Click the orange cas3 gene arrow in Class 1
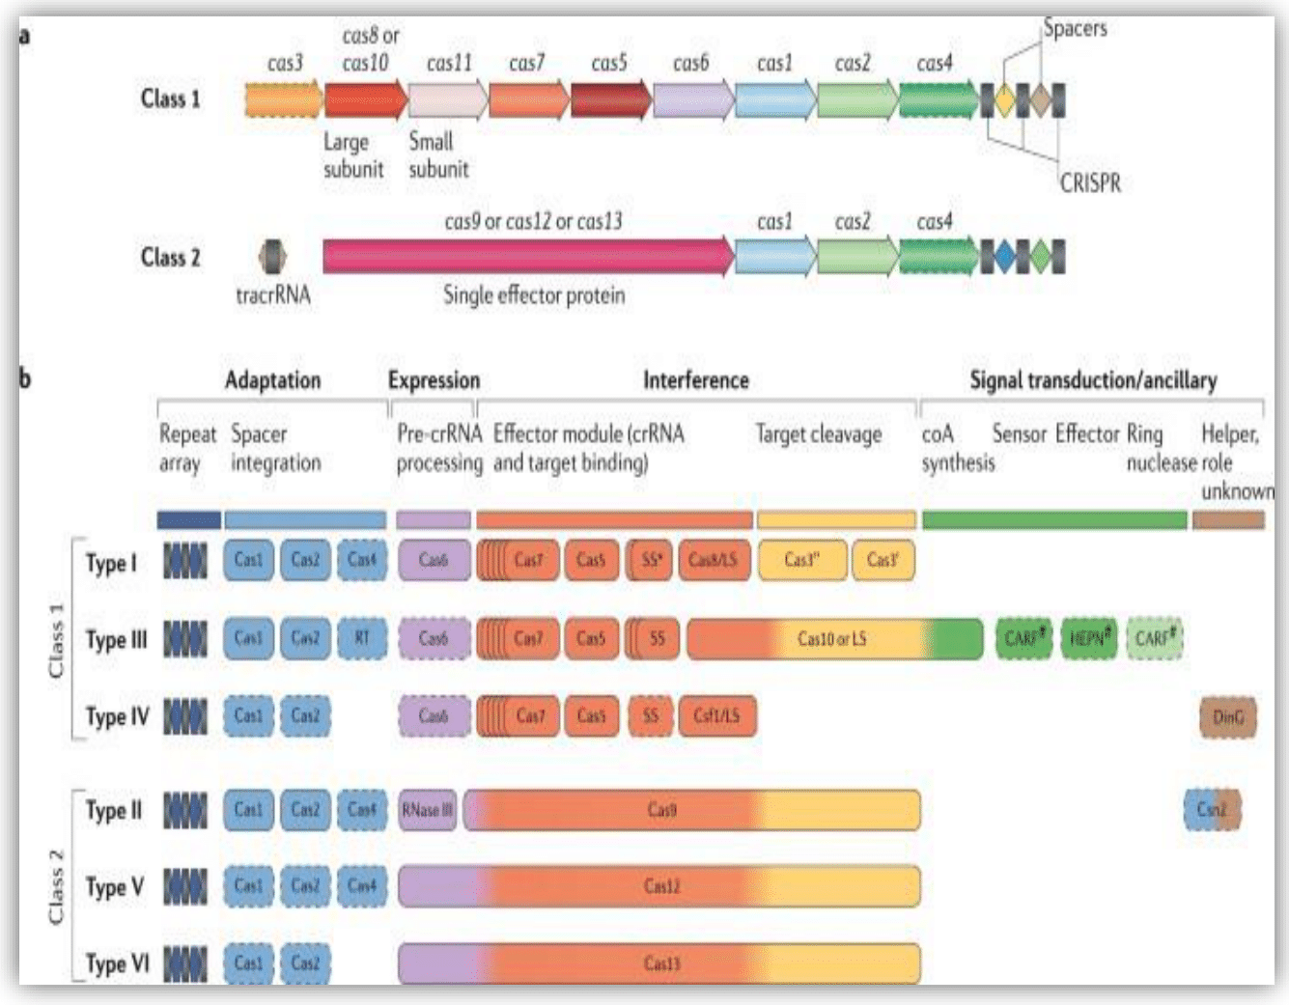pos(283,100)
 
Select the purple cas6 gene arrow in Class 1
pos(692,100)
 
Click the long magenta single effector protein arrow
pos(527,257)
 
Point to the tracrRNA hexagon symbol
pos(273,257)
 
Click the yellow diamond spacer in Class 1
pos(1005,100)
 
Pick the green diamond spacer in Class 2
pos(1040,257)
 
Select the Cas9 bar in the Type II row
pos(660,810)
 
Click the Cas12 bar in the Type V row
pos(660,886)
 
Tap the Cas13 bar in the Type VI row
pos(660,963)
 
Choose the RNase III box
pos(427,810)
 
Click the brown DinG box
pos(1227,717)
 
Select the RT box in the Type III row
pos(362,638)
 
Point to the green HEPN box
pos(1088,638)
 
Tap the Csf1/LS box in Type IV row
pos(716,716)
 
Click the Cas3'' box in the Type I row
pos(801,560)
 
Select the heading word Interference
pos(695,380)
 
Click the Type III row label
pos(116,639)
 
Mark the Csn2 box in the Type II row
pos(1212,810)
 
